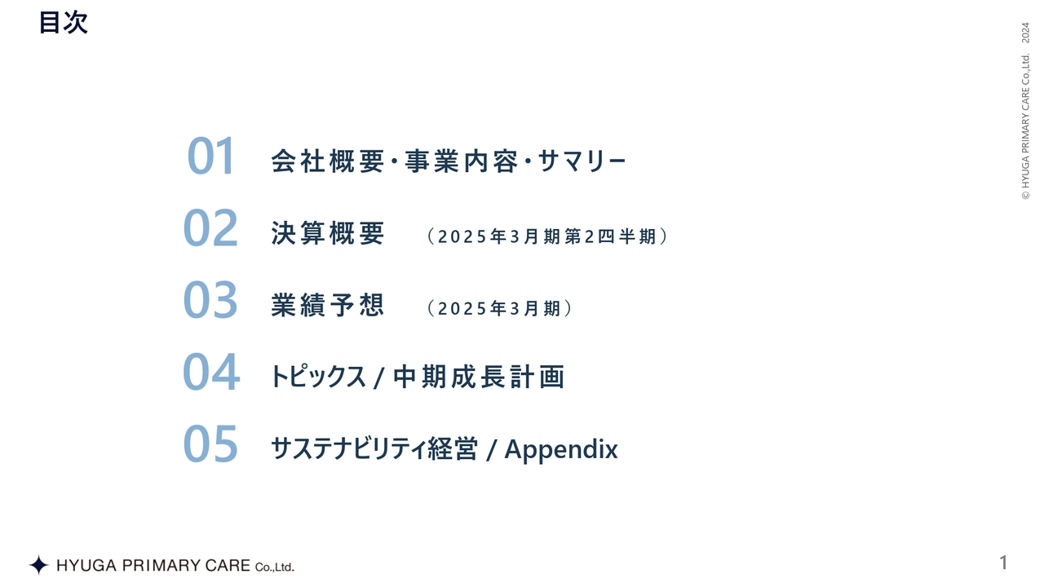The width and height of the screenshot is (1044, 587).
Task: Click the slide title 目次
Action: coord(63,23)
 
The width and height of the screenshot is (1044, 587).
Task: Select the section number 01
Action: coord(211,157)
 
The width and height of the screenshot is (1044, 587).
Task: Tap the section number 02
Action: coord(210,228)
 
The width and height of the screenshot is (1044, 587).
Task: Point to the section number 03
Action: coord(210,300)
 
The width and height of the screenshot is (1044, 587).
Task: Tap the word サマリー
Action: coord(582,161)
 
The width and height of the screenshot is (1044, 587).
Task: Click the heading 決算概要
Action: coord(327,234)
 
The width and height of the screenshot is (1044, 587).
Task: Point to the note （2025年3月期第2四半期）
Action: coord(546,236)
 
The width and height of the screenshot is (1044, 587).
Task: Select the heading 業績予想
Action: coord(327,306)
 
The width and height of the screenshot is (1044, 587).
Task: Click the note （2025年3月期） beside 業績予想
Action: coord(498,308)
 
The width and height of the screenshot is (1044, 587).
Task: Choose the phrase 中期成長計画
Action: coord(479,377)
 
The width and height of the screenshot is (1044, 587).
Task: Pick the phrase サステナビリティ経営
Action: coord(374,449)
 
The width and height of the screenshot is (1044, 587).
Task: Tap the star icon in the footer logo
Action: coord(38,565)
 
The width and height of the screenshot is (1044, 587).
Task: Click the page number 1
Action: coord(1004,563)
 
